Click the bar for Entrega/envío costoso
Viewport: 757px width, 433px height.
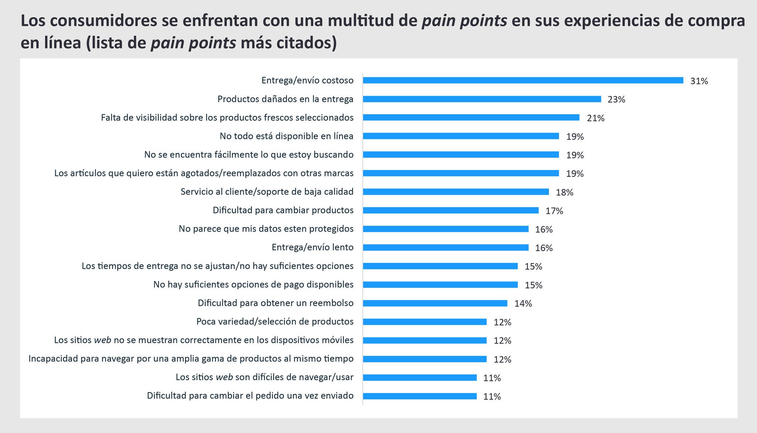pos(523,80)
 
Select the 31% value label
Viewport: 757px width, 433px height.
pos(699,81)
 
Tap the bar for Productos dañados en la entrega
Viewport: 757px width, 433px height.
pos(482,99)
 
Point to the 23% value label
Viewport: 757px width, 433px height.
pos(616,100)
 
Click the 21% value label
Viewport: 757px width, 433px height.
pos(595,118)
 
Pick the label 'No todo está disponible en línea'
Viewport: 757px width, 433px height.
pos(286,136)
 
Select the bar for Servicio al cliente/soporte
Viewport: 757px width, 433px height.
pos(455,192)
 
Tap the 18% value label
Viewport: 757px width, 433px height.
pos(564,192)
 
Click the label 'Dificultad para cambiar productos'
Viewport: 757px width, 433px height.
pos(283,210)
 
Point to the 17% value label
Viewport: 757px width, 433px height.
pos(554,211)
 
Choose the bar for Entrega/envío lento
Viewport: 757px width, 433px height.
pos(445,248)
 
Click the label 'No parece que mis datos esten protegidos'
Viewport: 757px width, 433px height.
pos(266,229)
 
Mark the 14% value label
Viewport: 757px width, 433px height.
pos(523,304)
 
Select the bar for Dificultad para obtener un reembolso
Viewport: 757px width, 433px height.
pos(435,303)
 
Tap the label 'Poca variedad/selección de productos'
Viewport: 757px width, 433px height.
pos(275,321)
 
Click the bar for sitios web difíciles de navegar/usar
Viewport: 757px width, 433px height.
pos(420,377)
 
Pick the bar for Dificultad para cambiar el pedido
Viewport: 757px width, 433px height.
pos(420,396)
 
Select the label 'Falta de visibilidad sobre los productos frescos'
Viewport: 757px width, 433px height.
pos(227,117)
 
